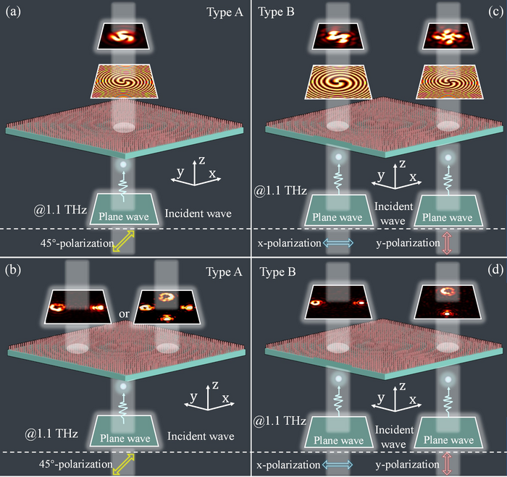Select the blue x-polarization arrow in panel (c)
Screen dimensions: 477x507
click(x=337, y=243)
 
